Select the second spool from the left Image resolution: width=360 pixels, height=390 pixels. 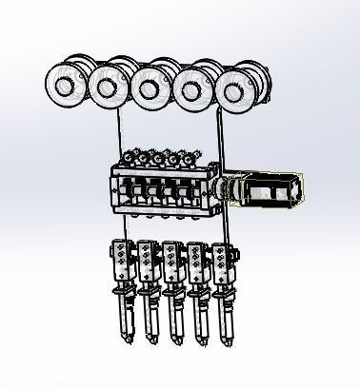tap(106, 88)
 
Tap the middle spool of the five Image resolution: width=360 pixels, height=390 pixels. tap(148, 89)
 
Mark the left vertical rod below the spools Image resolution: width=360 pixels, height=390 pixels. tap(119, 133)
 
